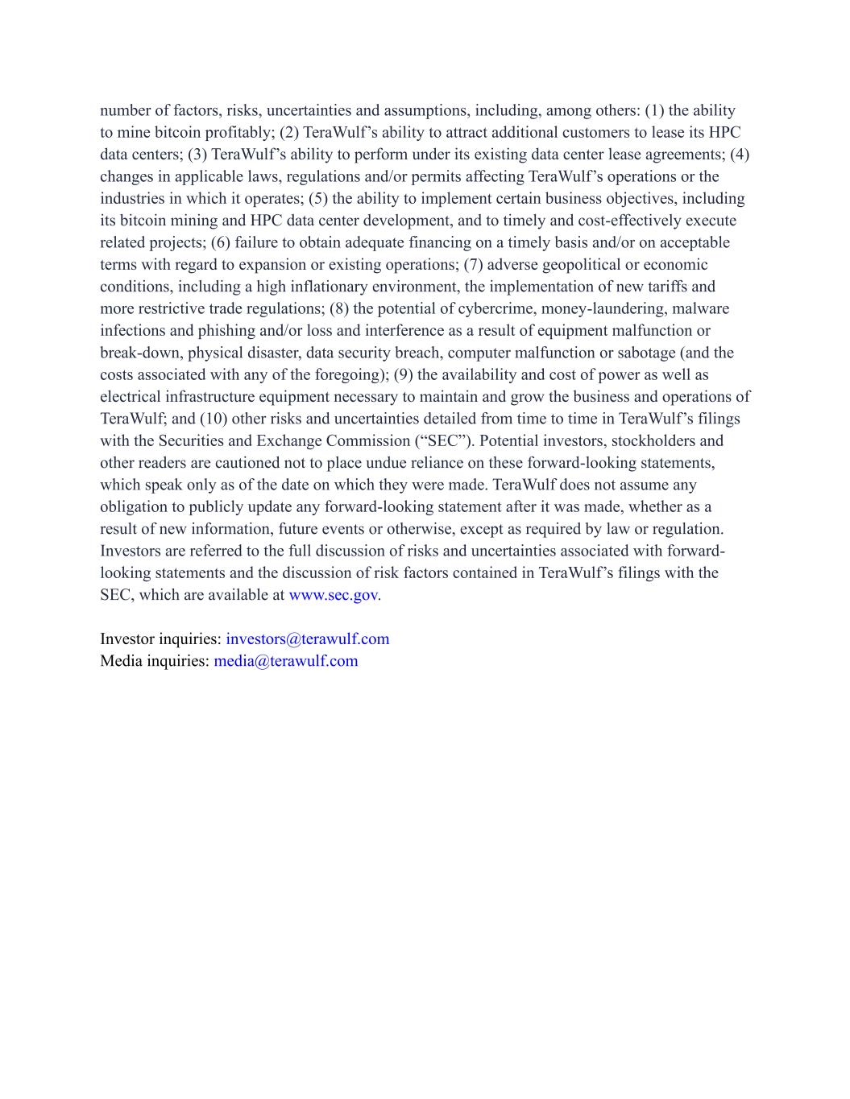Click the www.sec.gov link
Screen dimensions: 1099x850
333,595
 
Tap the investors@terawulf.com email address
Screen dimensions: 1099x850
307,639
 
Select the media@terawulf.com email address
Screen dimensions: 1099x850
285,661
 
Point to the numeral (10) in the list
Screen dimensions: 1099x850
213,419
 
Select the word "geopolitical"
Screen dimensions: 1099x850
586,265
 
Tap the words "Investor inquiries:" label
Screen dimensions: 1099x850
160,639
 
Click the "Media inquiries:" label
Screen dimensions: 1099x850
155,661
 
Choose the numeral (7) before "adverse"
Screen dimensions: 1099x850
473,265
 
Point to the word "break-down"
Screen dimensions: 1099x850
140,353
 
